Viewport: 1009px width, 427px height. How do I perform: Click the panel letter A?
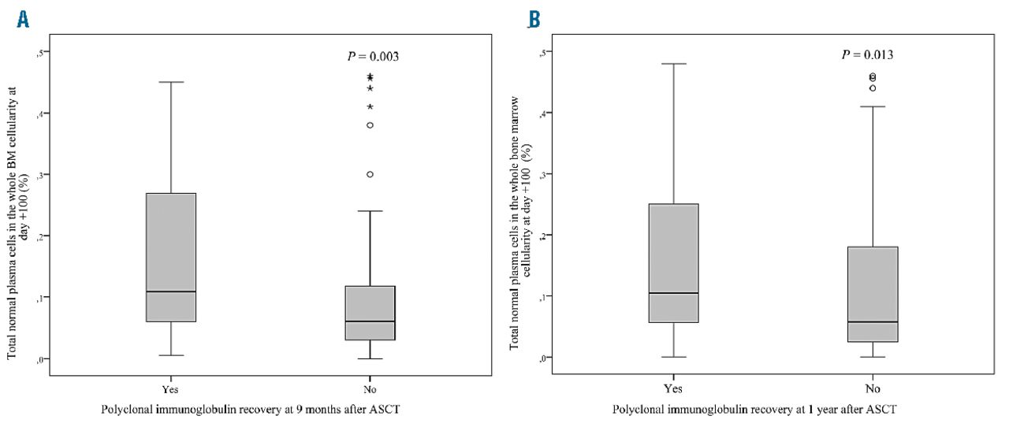pyautogui.click(x=23, y=20)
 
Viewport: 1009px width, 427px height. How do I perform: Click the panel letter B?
pyautogui.click(x=534, y=20)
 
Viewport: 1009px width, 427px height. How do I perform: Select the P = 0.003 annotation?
pyautogui.click(x=373, y=57)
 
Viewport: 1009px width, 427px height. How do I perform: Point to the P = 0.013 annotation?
pyautogui.click(x=867, y=55)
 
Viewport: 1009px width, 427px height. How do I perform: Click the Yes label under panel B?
pyautogui.click(x=673, y=388)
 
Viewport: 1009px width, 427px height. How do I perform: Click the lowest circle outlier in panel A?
pyautogui.click(x=370, y=174)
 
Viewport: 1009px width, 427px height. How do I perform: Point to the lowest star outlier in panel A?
pyautogui.click(x=370, y=106)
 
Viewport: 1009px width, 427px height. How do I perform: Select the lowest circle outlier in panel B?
pyautogui.click(x=873, y=88)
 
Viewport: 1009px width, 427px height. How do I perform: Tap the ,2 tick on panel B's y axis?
pyautogui.click(x=542, y=235)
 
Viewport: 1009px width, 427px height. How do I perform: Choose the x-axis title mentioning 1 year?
pyautogui.click(x=740, y=409)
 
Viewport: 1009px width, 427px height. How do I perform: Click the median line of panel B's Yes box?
pyautogui.click(x=673, y=293)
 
